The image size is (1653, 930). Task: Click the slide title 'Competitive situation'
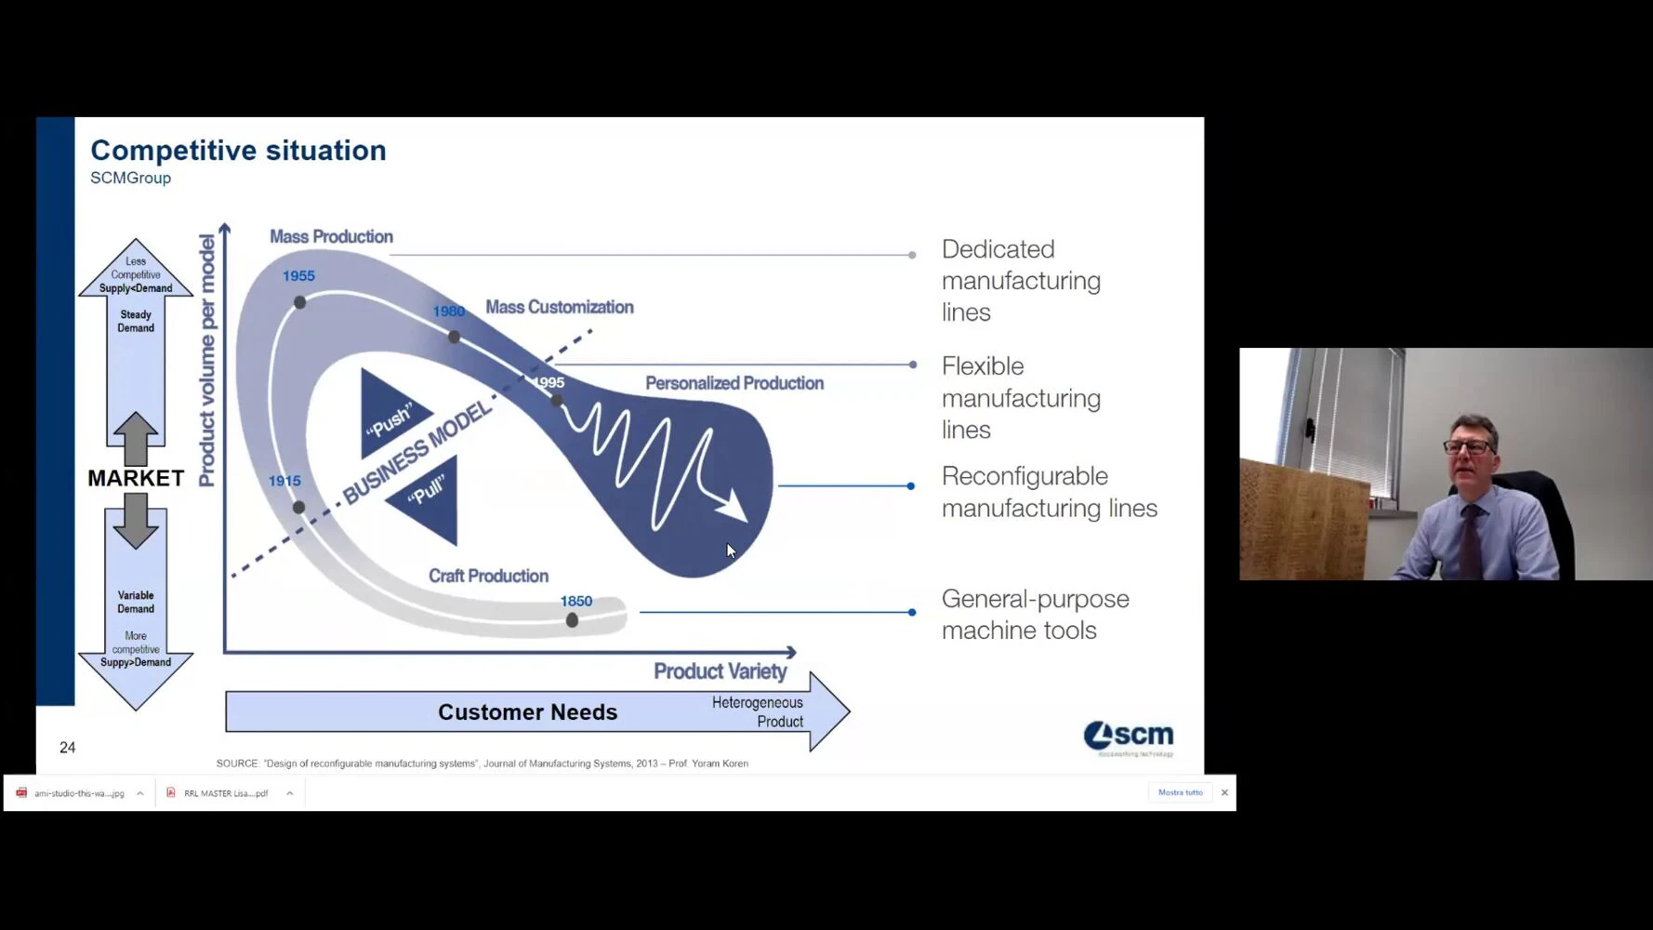(238, 151)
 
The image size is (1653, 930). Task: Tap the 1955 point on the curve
(299, 302)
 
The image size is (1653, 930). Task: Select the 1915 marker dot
(298, 507)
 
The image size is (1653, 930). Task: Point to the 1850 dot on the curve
(572, 620)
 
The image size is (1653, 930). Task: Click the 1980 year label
(448, 312)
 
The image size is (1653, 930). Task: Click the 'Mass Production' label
(331, 237)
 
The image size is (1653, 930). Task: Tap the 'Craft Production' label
(488, 576)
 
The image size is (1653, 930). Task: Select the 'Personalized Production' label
(734, 383)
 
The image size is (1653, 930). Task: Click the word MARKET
(136, 478)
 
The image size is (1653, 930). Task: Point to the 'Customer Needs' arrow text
(527, 712)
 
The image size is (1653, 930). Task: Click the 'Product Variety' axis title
(720, 671)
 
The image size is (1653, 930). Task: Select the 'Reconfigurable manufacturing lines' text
(1049, 492)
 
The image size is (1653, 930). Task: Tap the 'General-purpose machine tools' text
(1035, 615)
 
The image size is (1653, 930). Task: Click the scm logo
(1129, 737)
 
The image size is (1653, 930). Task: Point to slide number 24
(68, 748)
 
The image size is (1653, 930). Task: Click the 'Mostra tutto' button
(1180, 792)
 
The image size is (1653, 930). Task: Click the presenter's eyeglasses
(1469, 447)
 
